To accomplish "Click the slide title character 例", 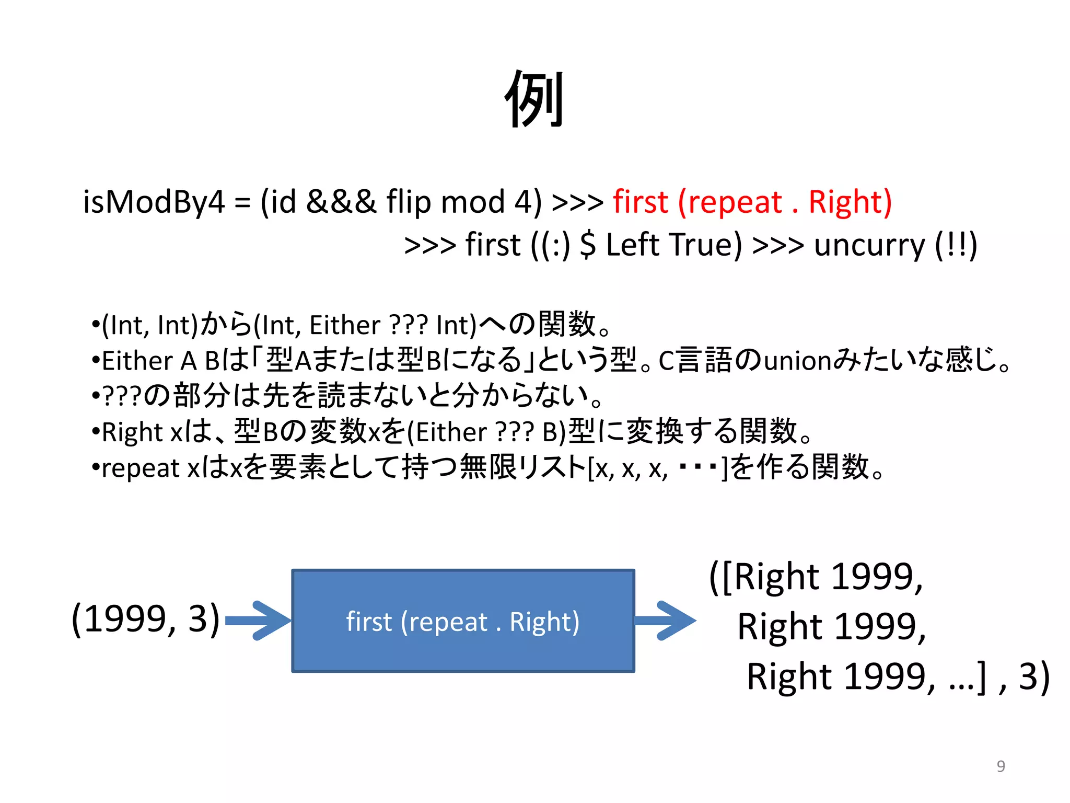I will pyautogui.click(x=534, y=99).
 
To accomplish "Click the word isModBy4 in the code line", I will pyautogui.click(x=154, y=202).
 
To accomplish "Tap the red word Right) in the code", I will pyautogui.click(x=850, y=202).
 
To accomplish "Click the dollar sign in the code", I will pyautogui.click(x=588, y=245).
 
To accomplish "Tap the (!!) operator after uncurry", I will pyautogui.click(x=956, y=245).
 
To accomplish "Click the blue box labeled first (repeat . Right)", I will pyautogui.click(x=463, y=621).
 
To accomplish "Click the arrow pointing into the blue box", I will pyautogui.click(x=257, y=621).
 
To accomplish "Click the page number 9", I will pyautogui.click(x=1001, y=766).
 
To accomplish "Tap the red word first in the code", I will pyautogui.click(x=640, y=202).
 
